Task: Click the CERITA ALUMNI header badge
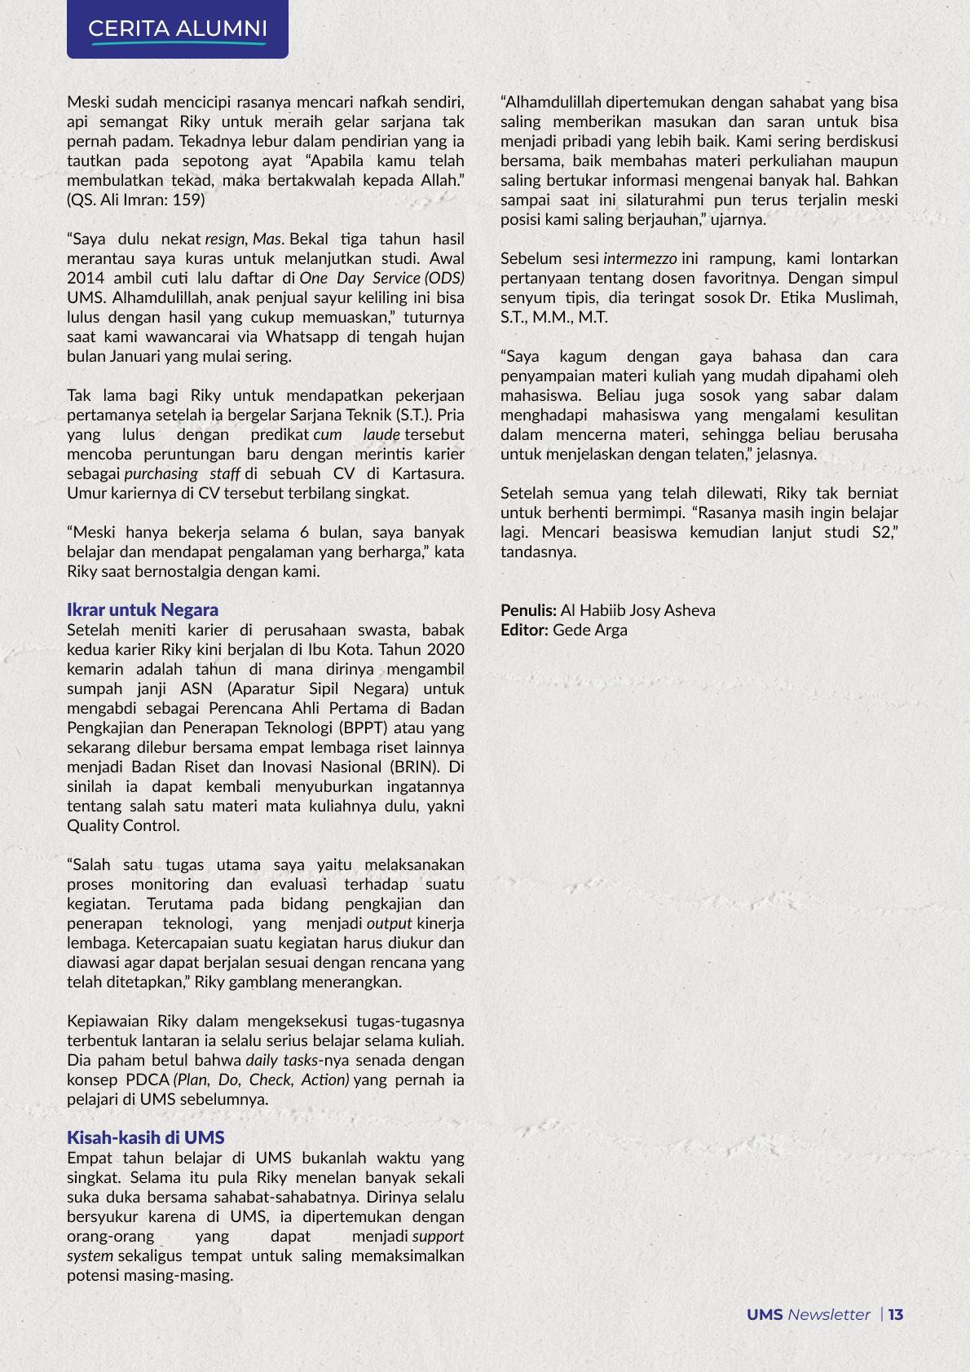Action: (178, 29)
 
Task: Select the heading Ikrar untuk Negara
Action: (143, 609)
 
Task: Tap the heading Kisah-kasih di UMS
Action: (146, 1137)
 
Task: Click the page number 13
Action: (896, 1314)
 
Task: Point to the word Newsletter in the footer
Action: (829, 1314)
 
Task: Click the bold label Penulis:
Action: (528, 610)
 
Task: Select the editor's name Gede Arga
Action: (590, 630)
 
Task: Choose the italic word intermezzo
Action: (639, 258)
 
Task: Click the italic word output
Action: (390, 923)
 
